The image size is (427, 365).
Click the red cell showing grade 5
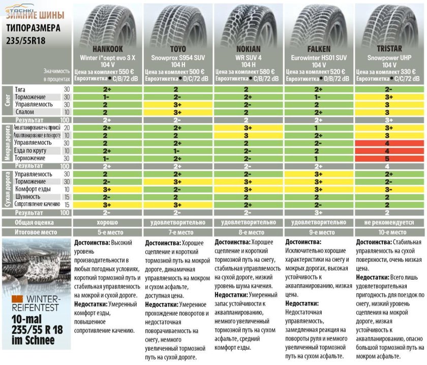(x=390, y=158)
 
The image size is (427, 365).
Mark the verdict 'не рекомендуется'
(x=390, y=222)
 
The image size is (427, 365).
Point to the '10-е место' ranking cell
(x=390, y=232)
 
